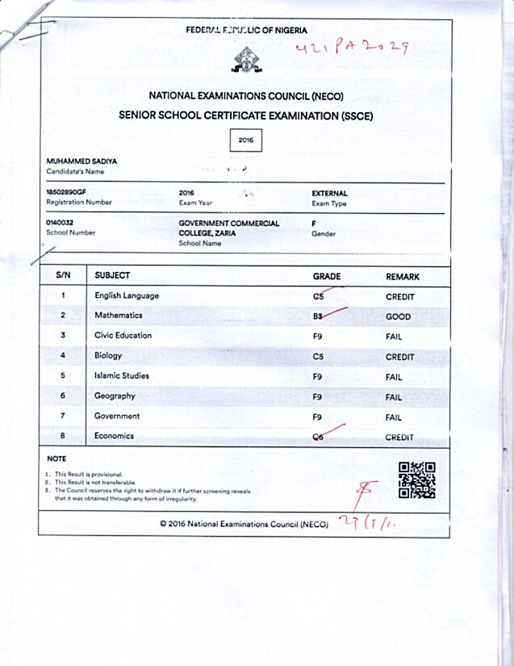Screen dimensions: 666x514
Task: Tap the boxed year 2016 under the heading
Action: pyautogui.click(x=245, y=140)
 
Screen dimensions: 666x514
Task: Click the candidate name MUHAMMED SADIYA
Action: pyautogui.click(x=81, y=161)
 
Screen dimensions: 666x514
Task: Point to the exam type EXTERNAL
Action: pyautogui.click(x=329, y=194)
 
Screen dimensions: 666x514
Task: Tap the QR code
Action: pyautogui.click(x=417, y=480)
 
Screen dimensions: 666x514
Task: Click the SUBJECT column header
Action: pyautogui.click(x=112, y=276)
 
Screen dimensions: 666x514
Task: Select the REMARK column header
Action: pyautogui.click(x=403, y=277)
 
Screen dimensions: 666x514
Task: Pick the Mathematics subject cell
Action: pyautogui.click(x=118, y=316)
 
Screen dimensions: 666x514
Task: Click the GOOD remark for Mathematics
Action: pyautogui.click(x=398, y=317)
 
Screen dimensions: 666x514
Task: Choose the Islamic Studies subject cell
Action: pyautogui.click(x=122, y=376)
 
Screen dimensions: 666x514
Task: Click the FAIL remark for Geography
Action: pyautogui.click(x=394, y=397)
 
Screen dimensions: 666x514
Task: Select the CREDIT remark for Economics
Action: pyautogui.click(x=399, y=438)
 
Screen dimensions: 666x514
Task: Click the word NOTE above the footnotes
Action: pyautogui.click(x=56, y=459)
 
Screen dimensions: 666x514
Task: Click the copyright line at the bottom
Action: pyautogui.click(x=244, y=523)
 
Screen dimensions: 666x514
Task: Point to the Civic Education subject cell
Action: pyautogui.click(x=123, y=336)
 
